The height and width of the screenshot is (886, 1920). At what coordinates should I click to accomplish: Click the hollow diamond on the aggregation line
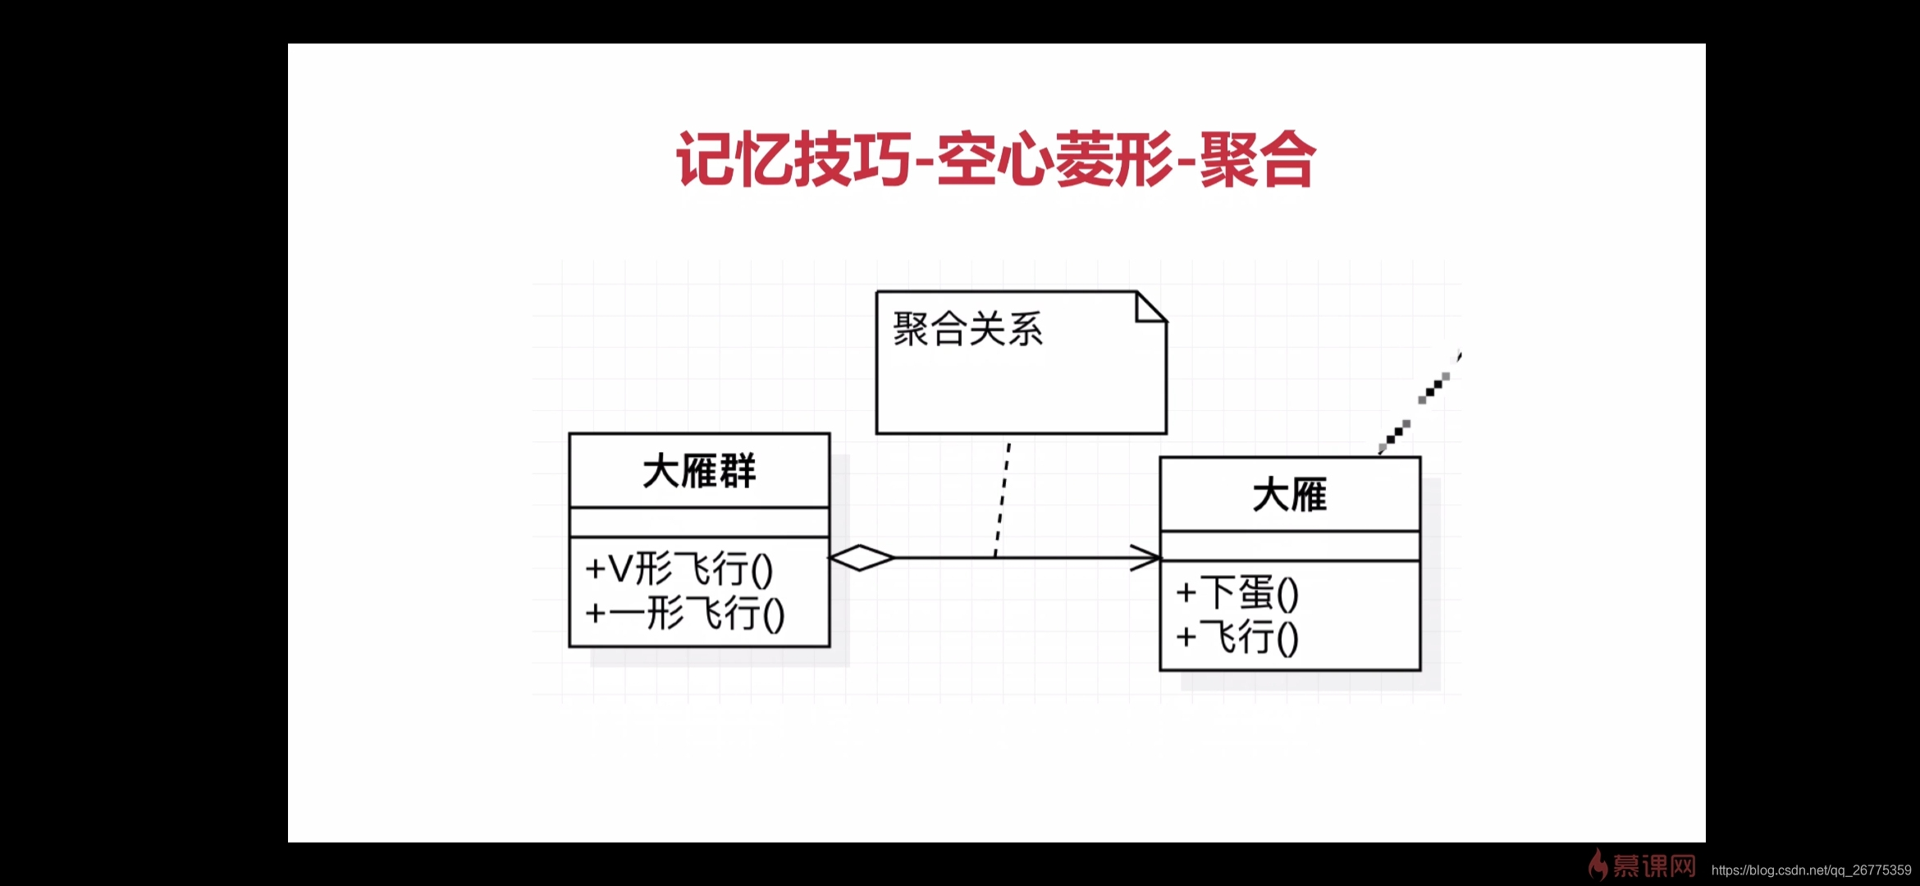(x=862, y=558)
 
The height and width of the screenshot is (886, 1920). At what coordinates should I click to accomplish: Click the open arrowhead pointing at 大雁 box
(x=1145, y=558)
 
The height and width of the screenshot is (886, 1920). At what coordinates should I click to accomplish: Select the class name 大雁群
(x=699, y=472)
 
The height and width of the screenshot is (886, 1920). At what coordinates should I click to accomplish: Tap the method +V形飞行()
(x=679, y=569)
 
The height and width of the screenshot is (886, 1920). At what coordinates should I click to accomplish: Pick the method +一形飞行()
(x=684, y=614)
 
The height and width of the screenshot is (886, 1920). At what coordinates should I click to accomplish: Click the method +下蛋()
(x=1237, y=593)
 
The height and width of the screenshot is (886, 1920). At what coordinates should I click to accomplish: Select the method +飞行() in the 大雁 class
(x=1237, y=637)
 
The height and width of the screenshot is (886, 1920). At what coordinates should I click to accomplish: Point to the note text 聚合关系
(x=967, y=330)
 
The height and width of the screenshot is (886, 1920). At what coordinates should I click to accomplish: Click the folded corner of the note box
(x=1151, y=307)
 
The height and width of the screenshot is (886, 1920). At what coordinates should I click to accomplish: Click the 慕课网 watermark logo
(x=1653, y=865)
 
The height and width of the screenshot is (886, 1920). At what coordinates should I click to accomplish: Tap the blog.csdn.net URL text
(x=1811, y=870)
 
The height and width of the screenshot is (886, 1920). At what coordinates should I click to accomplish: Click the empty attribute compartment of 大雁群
(x=699, y=523)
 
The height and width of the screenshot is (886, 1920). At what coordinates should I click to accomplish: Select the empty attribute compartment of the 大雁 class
(x=1289, y=546)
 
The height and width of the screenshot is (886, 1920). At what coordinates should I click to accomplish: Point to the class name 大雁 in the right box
(x=1289, y=496)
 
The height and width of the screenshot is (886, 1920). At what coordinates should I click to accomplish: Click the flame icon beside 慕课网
(x=1597, y=865)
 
